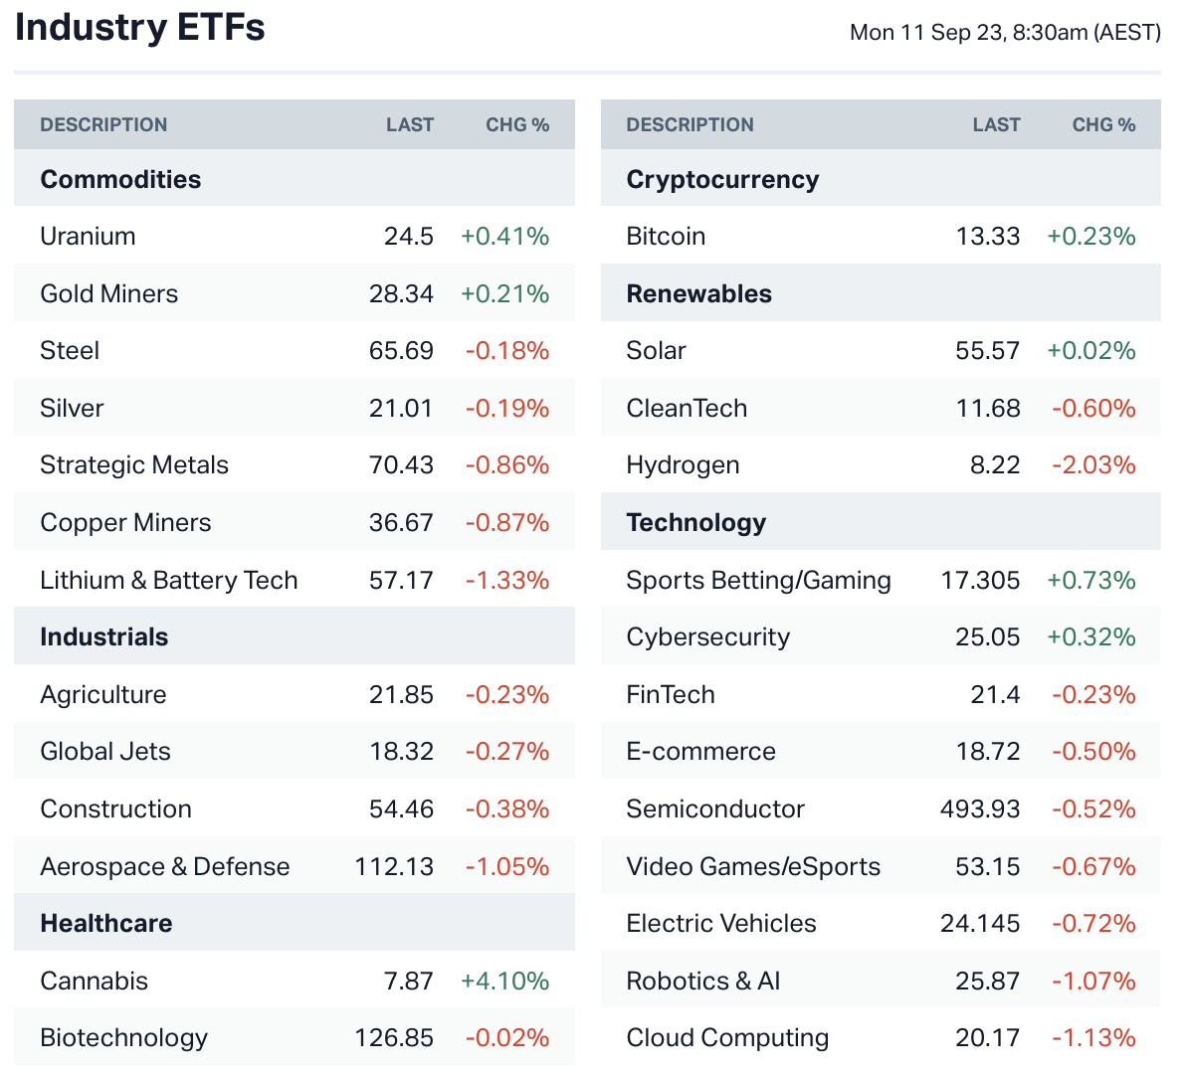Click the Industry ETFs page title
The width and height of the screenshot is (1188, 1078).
click(x=140, y=28)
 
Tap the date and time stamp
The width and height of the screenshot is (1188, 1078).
click(x=1005, y=32)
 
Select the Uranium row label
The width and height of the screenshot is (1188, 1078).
click(x=88, y=237)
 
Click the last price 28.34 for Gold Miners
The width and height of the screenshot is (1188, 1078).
click(x=401, y=294)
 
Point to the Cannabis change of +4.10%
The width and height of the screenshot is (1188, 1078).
click(x=504, y=982)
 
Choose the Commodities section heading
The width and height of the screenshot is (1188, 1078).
click(x=120, y=179)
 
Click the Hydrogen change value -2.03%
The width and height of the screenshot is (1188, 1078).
click(x=1093, y=465)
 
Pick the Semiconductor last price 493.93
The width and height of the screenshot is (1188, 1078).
click(x=980, y=809)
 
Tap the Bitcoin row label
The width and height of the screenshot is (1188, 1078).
click(x=666, y=237)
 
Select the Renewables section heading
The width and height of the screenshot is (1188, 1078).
click(x=698, y=294)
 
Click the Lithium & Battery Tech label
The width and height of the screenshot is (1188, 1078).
click(x=169, y=581)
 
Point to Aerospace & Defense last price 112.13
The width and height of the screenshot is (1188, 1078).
click(x=394, y=867)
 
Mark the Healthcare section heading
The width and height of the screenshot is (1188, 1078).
click(x=106, y=924)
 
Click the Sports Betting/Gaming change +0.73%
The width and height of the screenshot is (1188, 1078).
click(x=1090, y=581)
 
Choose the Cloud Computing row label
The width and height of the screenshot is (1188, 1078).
click(x=727, y=1038)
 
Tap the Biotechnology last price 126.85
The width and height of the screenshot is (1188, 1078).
click(x=394, y=1038)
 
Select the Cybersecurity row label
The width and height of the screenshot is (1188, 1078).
click(x=707, y=637)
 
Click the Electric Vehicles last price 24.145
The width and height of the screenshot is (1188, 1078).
click(x=980, y=924)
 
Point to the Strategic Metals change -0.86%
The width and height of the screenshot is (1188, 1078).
click(x=507, y=465)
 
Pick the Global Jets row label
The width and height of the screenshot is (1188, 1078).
click(x=105, y=752)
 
